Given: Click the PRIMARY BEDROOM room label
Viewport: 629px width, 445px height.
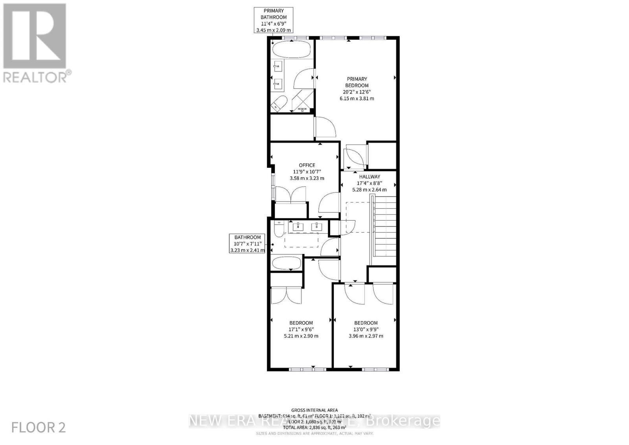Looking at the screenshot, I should tap(357, 82).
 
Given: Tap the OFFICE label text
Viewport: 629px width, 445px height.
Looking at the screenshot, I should tap(307, 165).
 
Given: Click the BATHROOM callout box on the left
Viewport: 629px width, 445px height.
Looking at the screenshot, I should tap(248, 244).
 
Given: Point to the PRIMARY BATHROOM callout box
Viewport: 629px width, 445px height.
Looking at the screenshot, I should tap(274, 20).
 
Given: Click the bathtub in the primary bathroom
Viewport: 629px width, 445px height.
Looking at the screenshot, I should tap(291, 50).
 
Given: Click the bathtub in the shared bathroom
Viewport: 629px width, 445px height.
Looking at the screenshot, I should tap(287, 263).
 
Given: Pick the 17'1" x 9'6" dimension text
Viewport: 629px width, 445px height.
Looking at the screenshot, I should tap(301, 330).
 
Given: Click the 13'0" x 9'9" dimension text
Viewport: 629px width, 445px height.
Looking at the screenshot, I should tap(366, 330).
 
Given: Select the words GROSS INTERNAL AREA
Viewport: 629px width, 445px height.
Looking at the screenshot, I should tap(314, 410).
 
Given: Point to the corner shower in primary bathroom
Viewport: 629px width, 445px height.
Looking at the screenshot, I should tap(303, 101).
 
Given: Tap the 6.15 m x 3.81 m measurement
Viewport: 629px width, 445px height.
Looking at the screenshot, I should tap(357, 98).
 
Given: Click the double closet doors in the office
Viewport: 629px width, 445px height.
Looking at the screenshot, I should tap(291, 194).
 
